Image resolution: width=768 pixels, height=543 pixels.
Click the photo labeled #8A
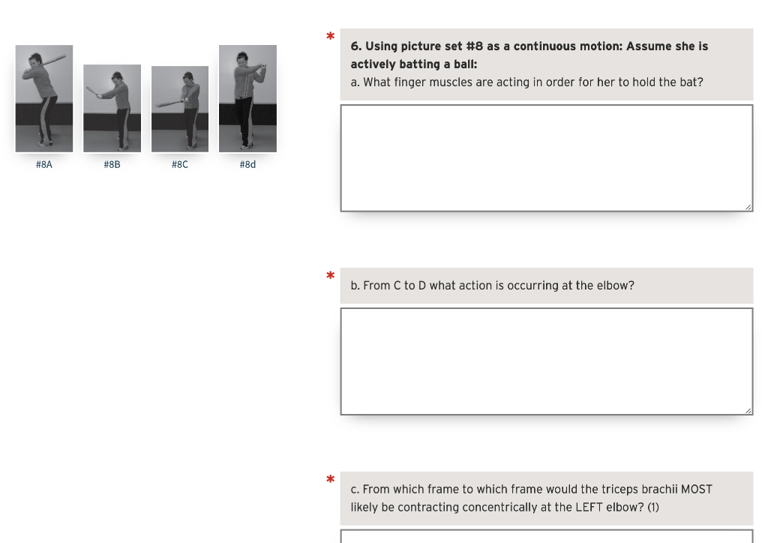[44, 98]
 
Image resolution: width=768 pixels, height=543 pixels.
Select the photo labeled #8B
[112, 108]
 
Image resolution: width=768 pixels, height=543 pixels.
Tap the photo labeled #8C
[180, 109]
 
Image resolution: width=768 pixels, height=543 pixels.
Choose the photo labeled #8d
[247, 98]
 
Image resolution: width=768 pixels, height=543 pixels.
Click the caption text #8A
[44, 164]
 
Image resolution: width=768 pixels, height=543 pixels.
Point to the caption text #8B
[112, 164]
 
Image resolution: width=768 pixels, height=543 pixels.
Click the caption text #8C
[180, 164]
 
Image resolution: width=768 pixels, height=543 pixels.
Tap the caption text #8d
[247, 164]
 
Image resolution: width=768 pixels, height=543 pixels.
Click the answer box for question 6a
[546, 157]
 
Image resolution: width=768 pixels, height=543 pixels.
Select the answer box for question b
[546, 361]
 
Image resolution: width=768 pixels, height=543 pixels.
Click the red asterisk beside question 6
[330, 37]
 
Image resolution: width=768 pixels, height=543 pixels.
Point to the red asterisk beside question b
[330, 276]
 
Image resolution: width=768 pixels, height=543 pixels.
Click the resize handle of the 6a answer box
[747, 206]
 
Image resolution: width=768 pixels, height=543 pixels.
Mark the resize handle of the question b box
[747, 409]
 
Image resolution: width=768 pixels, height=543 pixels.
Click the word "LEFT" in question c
[591, 507]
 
